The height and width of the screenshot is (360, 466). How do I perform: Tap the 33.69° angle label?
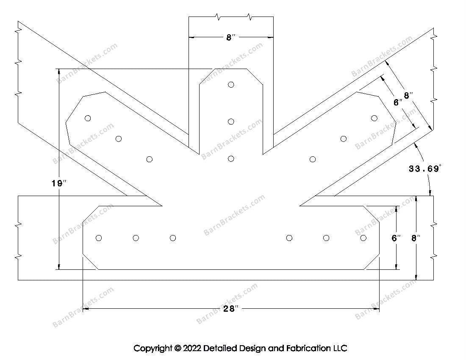(425, 169)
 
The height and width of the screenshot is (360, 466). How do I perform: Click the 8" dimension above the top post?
(230, 38)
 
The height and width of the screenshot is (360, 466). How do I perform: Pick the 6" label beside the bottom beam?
(396, 238)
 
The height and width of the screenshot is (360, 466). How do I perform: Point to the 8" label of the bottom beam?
(416, 238)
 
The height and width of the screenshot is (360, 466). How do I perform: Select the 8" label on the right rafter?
(408, 96)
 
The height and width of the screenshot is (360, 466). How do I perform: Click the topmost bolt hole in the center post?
(231, 84)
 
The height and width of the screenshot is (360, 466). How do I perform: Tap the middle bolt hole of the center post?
(231, 122)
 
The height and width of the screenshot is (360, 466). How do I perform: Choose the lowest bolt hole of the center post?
(231, 159)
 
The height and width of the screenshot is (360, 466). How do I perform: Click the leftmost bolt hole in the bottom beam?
(99, 238)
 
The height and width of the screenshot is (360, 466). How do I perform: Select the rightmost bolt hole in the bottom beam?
(363, 238)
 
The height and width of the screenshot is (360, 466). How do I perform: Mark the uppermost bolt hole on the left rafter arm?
(88, 118)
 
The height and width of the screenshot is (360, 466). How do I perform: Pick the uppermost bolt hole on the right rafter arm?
(374, 118)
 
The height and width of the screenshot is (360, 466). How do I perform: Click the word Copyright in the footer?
(153, 349)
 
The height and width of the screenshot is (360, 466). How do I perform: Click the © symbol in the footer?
(178, 349)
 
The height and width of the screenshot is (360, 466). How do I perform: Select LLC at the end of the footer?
(340, 349)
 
